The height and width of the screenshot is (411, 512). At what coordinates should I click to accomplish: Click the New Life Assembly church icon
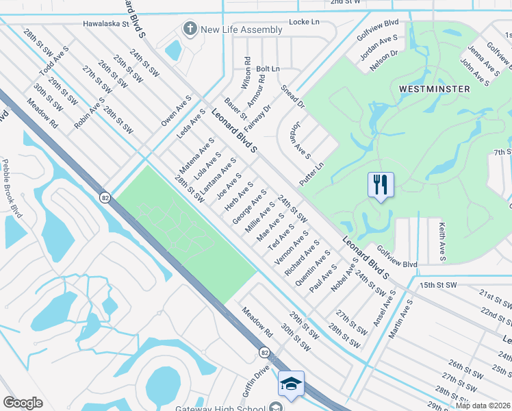pos(190,29)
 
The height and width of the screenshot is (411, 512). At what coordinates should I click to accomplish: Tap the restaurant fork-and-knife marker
pos(381,184)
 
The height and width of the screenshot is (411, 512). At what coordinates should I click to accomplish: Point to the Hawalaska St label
pos(106,23)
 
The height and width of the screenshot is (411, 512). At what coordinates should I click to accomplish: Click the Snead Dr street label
pos(292,97)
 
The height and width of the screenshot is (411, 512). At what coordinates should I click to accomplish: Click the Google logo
pos(23,403)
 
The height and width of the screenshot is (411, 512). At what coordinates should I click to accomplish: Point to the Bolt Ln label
pos(268,69)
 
